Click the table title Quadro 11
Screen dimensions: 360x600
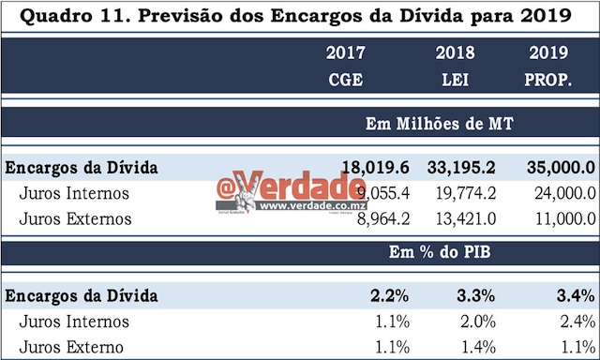point(299,16)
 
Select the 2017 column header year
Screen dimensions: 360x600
point(345,54)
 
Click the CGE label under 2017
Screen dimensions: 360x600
point(345,80)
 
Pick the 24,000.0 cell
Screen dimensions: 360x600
point(554,194)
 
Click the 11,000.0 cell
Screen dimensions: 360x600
point(554,219)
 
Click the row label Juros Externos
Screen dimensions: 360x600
point(77,219)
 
